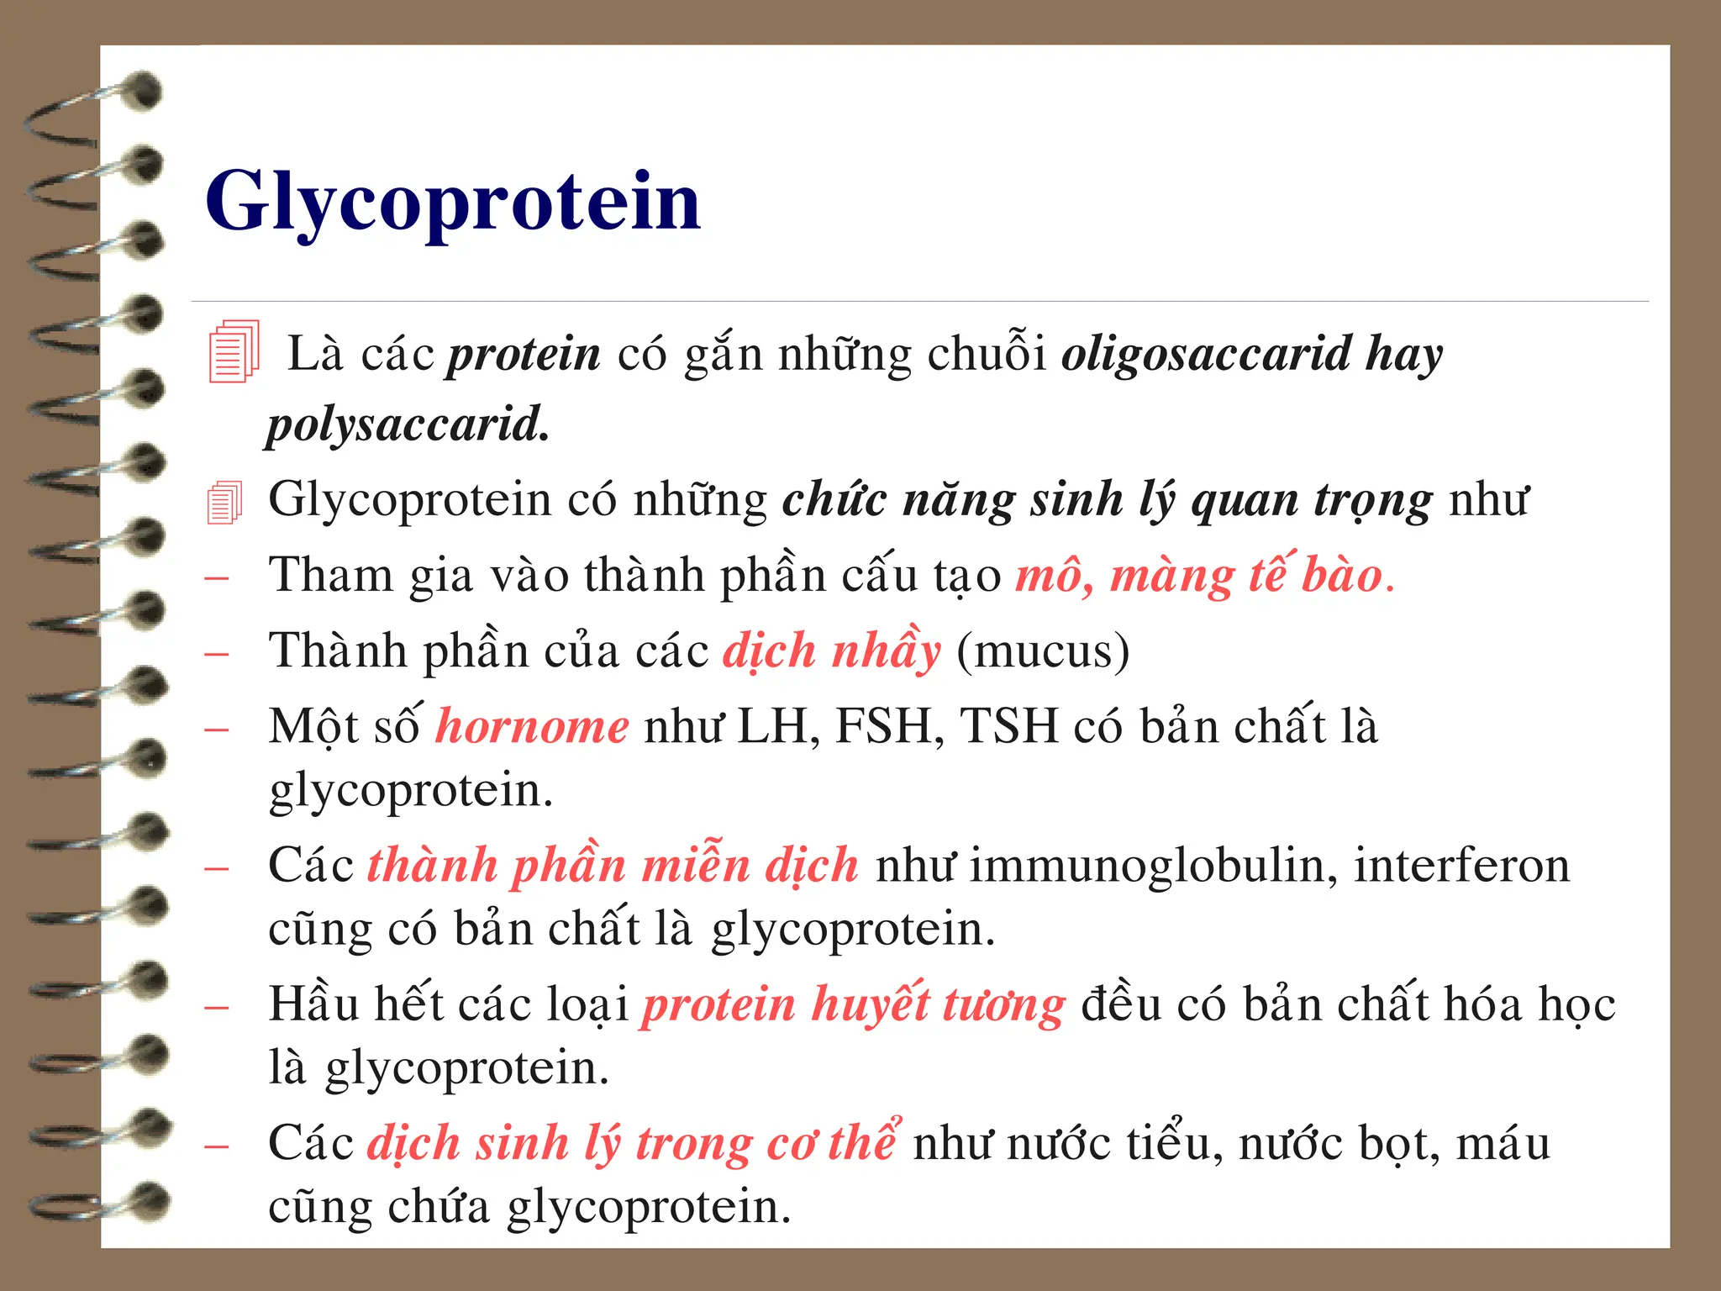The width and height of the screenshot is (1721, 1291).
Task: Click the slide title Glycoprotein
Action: pyautogui.click(x=453, y=203)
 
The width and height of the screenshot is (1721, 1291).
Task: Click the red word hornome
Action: pyautogui.click(x=532, y=727)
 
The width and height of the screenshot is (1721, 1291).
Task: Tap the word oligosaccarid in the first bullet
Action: pyautogui.click(x=1205, y=355)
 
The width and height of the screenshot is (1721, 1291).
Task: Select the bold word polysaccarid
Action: pyautogui.click(x=408, y=424)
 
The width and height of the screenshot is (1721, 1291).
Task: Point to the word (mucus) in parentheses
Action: pyautogui.click(x=1043, y=651)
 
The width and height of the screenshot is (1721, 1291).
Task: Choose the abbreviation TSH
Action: pyautogui.click(x=1008, y=727)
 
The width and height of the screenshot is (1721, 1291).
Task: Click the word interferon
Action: pyautogui.click(x=1462, y=866)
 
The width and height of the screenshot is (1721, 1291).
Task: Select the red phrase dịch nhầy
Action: pyautogui.click(x=832, y=651)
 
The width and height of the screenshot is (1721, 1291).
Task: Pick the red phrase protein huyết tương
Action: pyautogui.click(x=854, y=1005)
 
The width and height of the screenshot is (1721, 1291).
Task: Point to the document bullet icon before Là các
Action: pyautogui.click(x=233, y=352)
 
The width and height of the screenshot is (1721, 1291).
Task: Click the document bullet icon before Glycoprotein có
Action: pyautogui.click(x=224, y=503)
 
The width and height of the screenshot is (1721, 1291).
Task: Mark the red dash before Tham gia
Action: pyautogui.click(x=217, y=578)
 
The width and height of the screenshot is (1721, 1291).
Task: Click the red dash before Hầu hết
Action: pyautogui.click(x=217, y=1007)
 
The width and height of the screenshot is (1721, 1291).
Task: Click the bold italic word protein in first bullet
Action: pyautogui.click(x=524, y=355)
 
